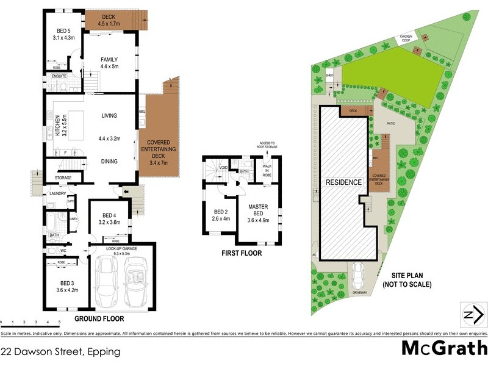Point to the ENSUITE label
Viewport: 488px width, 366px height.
coord(59,76)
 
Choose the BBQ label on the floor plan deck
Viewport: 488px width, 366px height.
coord(142,112)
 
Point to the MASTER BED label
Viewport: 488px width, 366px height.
coord(258,210)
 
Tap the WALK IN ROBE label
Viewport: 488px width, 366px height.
coord(267,171)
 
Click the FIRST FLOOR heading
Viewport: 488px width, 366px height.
coord(242,253)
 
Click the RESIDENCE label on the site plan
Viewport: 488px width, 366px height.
coord(343,182)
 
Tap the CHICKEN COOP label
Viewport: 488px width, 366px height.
coord(406,38)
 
